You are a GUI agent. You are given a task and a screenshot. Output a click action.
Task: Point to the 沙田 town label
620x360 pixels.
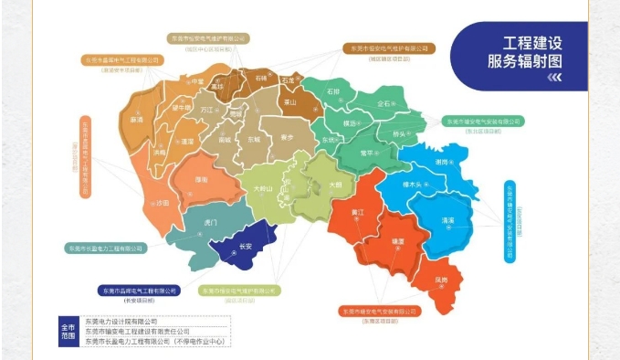point(163,201)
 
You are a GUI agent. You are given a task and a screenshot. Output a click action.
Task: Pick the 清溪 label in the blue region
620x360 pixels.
point(447,220)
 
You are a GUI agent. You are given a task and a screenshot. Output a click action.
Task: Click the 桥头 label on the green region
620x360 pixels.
point(398,133)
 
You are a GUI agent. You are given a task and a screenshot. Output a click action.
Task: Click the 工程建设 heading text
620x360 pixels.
point(531,44)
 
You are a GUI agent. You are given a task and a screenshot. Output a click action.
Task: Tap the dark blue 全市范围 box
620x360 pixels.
point(67,331)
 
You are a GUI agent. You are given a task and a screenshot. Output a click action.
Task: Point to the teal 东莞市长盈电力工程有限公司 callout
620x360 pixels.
point(106,248)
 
